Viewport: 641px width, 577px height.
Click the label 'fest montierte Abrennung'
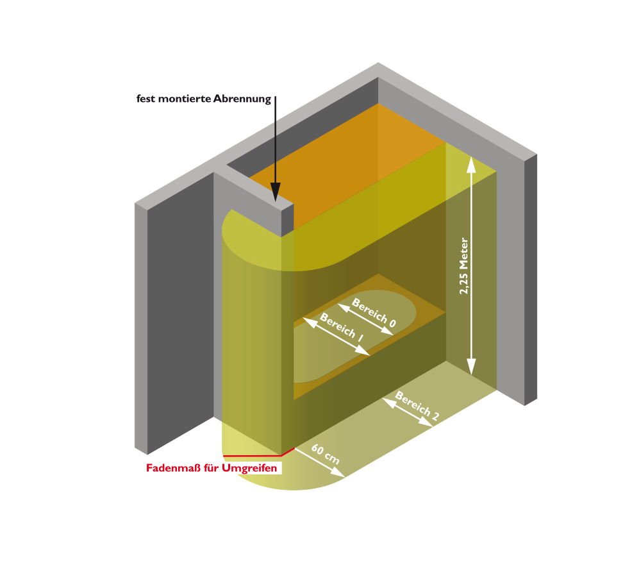[x=204, y=99]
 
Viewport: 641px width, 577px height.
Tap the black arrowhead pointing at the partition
[x=276, y=192]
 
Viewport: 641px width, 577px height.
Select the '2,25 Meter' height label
[x=463, y=266]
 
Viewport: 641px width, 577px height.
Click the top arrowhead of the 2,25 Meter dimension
[x=471, y=164]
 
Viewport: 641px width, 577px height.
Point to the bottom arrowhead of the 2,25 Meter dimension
[x=471, y=367]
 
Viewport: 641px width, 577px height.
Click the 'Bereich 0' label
[x=374, y=312]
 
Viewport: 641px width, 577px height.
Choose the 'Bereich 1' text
[x=342, y=327]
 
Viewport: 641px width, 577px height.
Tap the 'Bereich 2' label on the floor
[x=417, y=406]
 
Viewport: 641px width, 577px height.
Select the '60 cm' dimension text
[x=326, y=454]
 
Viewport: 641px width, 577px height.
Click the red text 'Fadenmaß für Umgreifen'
[x=212, y=468]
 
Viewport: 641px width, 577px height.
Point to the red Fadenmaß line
[x=258, y=453]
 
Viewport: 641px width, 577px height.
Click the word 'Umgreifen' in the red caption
[x=249, y=468]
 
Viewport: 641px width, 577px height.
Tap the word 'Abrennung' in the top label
[x=242, y=99]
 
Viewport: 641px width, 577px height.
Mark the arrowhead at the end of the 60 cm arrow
[x=338, y=472]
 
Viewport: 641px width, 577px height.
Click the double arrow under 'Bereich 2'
[x=408, y=413]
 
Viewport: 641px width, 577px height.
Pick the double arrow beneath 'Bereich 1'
[x=336, y=337]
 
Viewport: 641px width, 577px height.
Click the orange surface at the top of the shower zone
[x=347, y=163]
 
